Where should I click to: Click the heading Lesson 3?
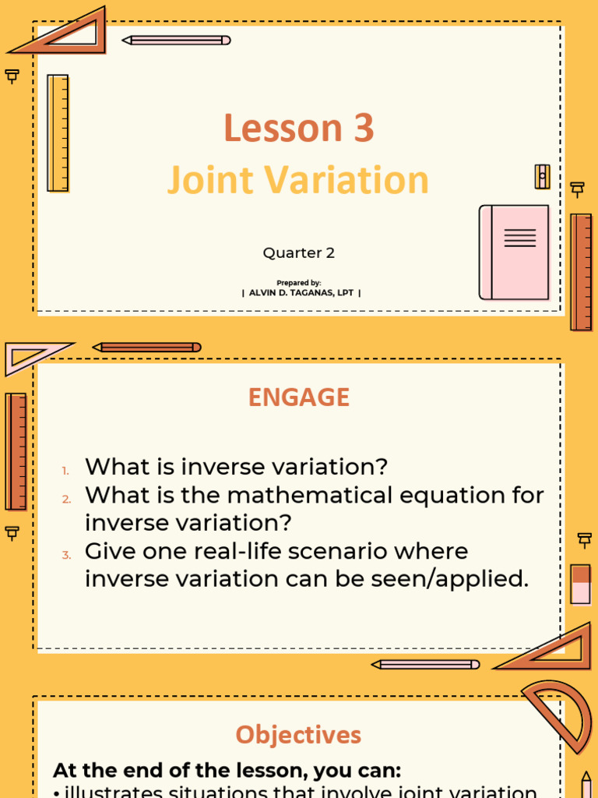pyautogui.click(x=298, y=129)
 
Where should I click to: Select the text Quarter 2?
pyautogui.click(x=298, y=252)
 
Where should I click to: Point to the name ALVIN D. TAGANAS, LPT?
pyautogui.click(x=301, y=293)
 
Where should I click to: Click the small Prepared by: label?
pyautogui.click(x=298, y=282)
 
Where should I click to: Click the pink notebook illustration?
pyautogui.click(x=514, y=252)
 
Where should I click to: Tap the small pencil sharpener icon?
pyautogui.click(x=542, y=176)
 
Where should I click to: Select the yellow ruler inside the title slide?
pyautogui.click(x=58, y=133)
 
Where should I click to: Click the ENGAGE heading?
pyautogui.click(x=298, y=397)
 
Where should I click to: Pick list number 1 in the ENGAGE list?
pyautogui.click(x=66, y=470)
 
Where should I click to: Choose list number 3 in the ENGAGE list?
pyautogui.click(x=66, y=555)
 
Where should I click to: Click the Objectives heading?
pyautogui.click(x=298, y=734)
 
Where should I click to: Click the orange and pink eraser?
pyautogui.click(x=581, y=584)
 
